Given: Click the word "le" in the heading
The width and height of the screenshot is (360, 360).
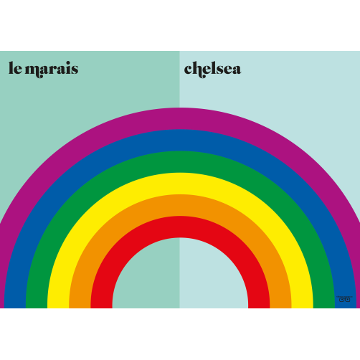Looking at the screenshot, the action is [15, 68].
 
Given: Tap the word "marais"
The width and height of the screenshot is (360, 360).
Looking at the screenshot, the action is [52, 70].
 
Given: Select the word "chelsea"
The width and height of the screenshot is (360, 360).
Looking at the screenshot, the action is [212, 70].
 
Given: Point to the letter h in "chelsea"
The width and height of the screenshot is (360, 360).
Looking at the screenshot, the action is [200, 70].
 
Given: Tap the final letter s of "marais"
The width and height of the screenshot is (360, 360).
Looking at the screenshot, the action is [75, 70].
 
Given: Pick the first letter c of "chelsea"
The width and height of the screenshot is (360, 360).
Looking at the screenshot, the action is [189, 70].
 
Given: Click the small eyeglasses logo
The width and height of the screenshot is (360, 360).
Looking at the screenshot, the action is [344, 299].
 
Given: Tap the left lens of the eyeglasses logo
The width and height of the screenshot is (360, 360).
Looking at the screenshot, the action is [341, 300].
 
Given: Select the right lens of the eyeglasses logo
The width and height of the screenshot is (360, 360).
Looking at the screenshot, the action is [348, 300].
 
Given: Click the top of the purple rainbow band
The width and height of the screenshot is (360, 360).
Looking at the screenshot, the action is [180, 118].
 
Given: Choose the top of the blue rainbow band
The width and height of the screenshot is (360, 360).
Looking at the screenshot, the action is [180, 140].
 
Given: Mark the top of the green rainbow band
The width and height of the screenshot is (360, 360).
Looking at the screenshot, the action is [180, 162].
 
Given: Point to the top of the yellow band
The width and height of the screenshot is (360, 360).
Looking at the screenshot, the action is [180, 184].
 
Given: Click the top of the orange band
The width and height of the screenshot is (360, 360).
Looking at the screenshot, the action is [180, 205].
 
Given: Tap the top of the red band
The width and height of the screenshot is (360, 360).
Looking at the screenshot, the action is [180, 227].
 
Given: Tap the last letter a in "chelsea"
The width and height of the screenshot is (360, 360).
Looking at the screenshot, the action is [236, 70].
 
